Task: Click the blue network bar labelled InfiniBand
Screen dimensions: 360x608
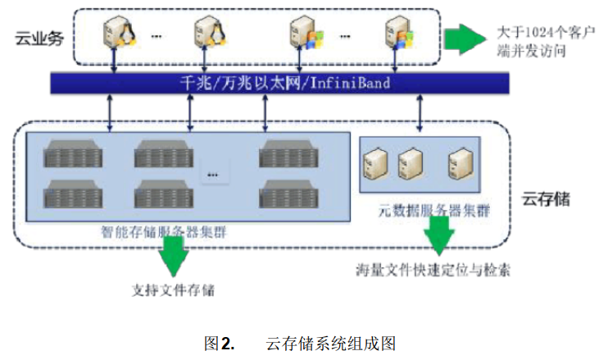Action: pos(279,83)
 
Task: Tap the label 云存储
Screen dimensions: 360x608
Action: pos(545,199)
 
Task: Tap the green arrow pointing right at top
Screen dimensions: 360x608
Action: pos(463,39)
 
